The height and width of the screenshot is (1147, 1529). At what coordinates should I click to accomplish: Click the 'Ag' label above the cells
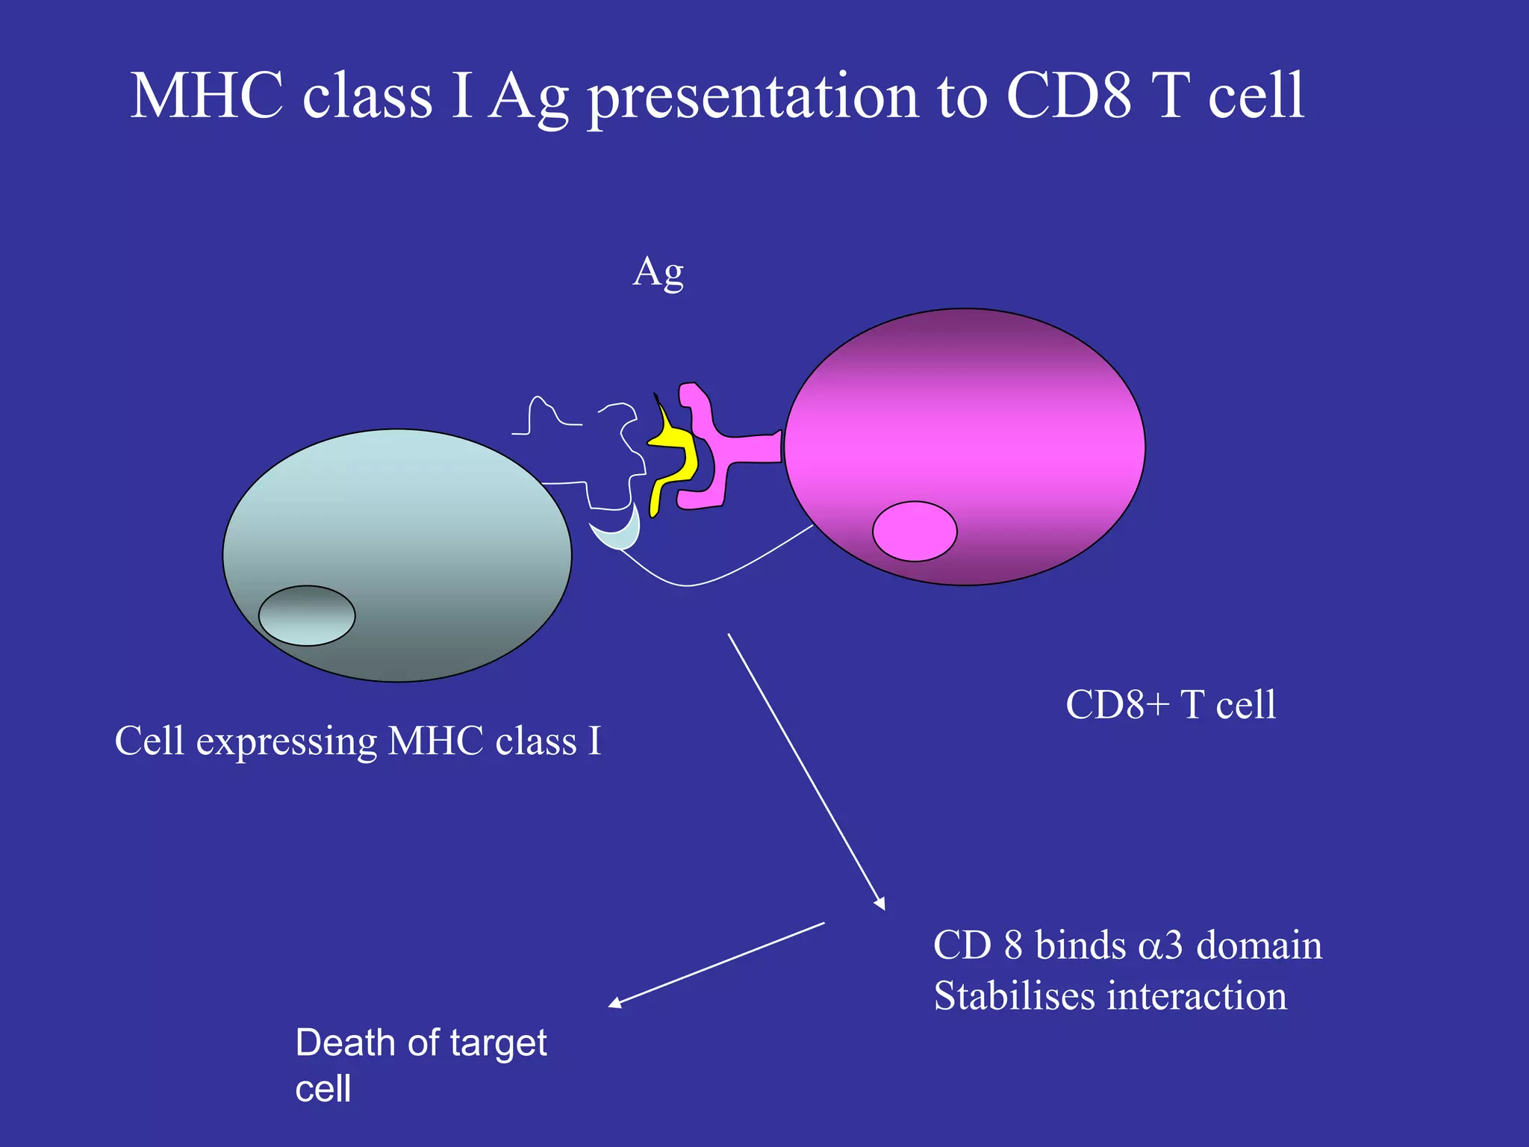pyautogui.click(x=658, y=273)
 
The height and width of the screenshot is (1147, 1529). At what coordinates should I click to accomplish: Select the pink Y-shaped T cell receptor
pyautogui.click(x=717, y=448)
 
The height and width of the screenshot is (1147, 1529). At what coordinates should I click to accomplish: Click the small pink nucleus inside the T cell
pyautogui.click(x=915, y=531)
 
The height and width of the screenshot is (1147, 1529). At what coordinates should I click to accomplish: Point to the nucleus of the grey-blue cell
pyautogui.click(x=307, y=615)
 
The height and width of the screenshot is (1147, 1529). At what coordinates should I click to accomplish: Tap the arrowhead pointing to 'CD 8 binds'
pyautogui.click(x=881, y=904)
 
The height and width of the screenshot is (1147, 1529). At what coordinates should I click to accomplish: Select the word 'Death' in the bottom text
pyautogui.click(x=346, y=1042)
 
